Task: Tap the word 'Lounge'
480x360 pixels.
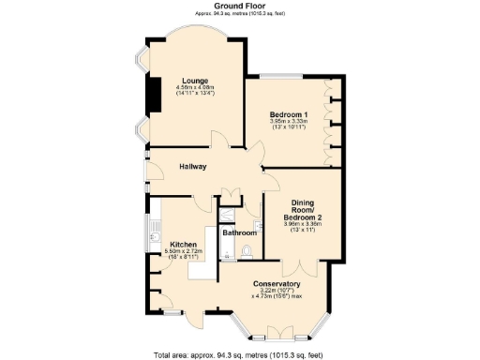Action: [x=195, y=81]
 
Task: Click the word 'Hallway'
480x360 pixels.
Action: [x=194, y=167]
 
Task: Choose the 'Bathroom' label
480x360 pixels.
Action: [x=240, y=232]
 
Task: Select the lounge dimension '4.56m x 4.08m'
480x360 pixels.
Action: [x=195, y=88]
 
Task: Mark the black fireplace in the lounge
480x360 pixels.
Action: [x=147, y=93]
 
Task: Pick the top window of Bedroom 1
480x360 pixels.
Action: [x=281, y=75]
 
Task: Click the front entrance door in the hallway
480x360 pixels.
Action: [x=146, y=174]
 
